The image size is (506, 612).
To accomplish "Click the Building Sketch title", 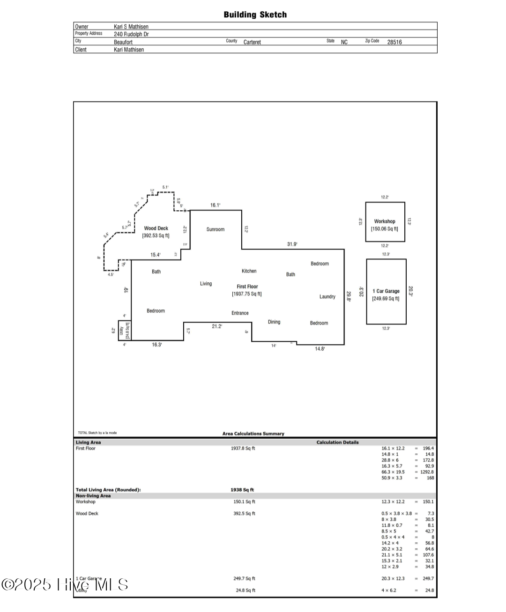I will tap(255, 15).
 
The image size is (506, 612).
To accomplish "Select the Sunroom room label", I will tap(216, 229).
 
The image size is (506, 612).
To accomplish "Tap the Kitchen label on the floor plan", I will tap(249, 271).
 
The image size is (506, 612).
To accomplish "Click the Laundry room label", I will tap(327, 297).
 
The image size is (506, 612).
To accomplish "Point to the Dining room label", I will tap(274, 322).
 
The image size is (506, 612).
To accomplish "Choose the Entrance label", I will tap(240, 313).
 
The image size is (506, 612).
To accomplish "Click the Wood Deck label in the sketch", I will tap(156, 229).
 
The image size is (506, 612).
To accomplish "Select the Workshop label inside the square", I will tap(385, 221).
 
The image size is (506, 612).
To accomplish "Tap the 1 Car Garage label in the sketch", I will tap(386, 291).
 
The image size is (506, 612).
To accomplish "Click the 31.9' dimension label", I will tap(292, 244).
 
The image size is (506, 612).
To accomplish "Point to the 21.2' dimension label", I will tap(216, 326).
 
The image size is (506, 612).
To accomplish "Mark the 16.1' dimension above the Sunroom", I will tap(215, 205).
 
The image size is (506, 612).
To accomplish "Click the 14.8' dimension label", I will tap(320, 349).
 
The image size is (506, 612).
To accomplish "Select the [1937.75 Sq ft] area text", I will tap(247, 294).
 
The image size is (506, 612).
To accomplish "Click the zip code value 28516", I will tap(394, 42).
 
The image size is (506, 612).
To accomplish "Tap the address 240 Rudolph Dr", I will tap(131, 34).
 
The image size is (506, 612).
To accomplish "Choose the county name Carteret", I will tap(252, 42).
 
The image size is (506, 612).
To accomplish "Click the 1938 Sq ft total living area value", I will tap(242, 490).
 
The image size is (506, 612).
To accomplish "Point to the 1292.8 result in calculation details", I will tap(427, 472).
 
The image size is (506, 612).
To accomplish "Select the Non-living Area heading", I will tap(93, 496).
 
